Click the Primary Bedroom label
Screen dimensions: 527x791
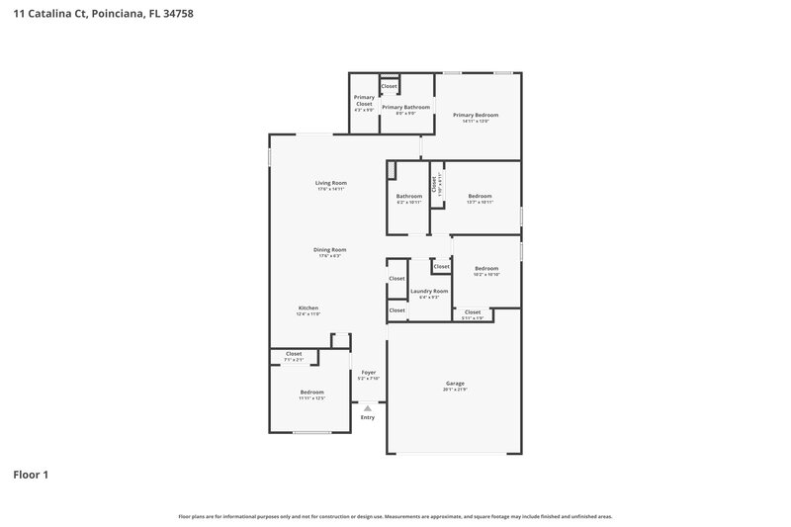[476, 116]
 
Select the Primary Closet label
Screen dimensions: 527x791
[364, 100]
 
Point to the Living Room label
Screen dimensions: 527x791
[330, 183]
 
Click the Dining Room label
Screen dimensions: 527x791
[329, 250]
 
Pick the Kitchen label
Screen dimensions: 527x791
[308, 308]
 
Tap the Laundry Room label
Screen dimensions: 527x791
[429, 292]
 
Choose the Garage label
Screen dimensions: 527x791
[454, 384]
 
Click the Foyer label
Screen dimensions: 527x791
[368, 373]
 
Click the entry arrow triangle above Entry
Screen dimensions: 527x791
[368, 406]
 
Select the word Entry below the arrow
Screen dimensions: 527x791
[368, 417]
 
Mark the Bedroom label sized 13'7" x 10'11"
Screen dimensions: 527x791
[480, 196]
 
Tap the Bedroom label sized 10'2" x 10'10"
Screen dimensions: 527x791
[486, 269]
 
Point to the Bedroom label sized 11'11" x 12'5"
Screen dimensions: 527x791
[311, 393]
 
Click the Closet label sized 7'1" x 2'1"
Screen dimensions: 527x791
[294, 354]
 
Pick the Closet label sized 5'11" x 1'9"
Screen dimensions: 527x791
[473, 312]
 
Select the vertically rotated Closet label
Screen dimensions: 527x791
[433, 184]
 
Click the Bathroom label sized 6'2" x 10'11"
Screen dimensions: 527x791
[409, 196]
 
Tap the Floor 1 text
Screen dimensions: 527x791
[31, 475]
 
